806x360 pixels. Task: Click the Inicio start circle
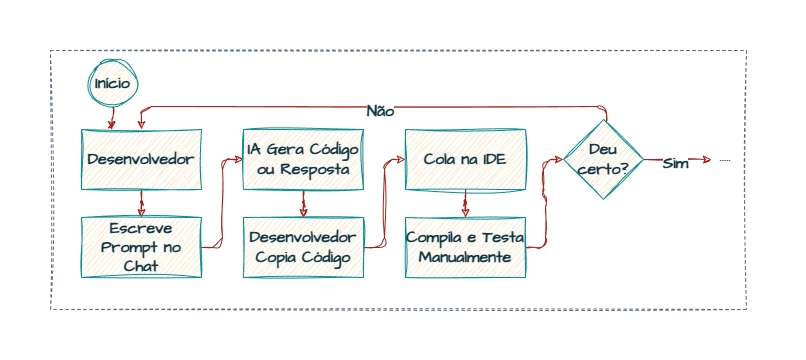[x=111, y=84]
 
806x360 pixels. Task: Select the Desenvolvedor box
[x=140, y=159]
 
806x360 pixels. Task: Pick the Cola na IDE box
[x=463, y=159]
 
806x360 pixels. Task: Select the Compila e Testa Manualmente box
[x=463, y=247]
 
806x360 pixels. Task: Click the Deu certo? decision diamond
[x=602, y=159]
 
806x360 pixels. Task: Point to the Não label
[x=380, y=111]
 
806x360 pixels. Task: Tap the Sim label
[x=676, y=163]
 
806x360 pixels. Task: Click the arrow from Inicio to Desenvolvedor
[x=111, y=116]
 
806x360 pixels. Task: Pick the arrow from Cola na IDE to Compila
[x=463, y=203]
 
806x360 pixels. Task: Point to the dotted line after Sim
[x=725, y=160]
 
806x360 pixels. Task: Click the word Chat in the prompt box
[x=141, y=265]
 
